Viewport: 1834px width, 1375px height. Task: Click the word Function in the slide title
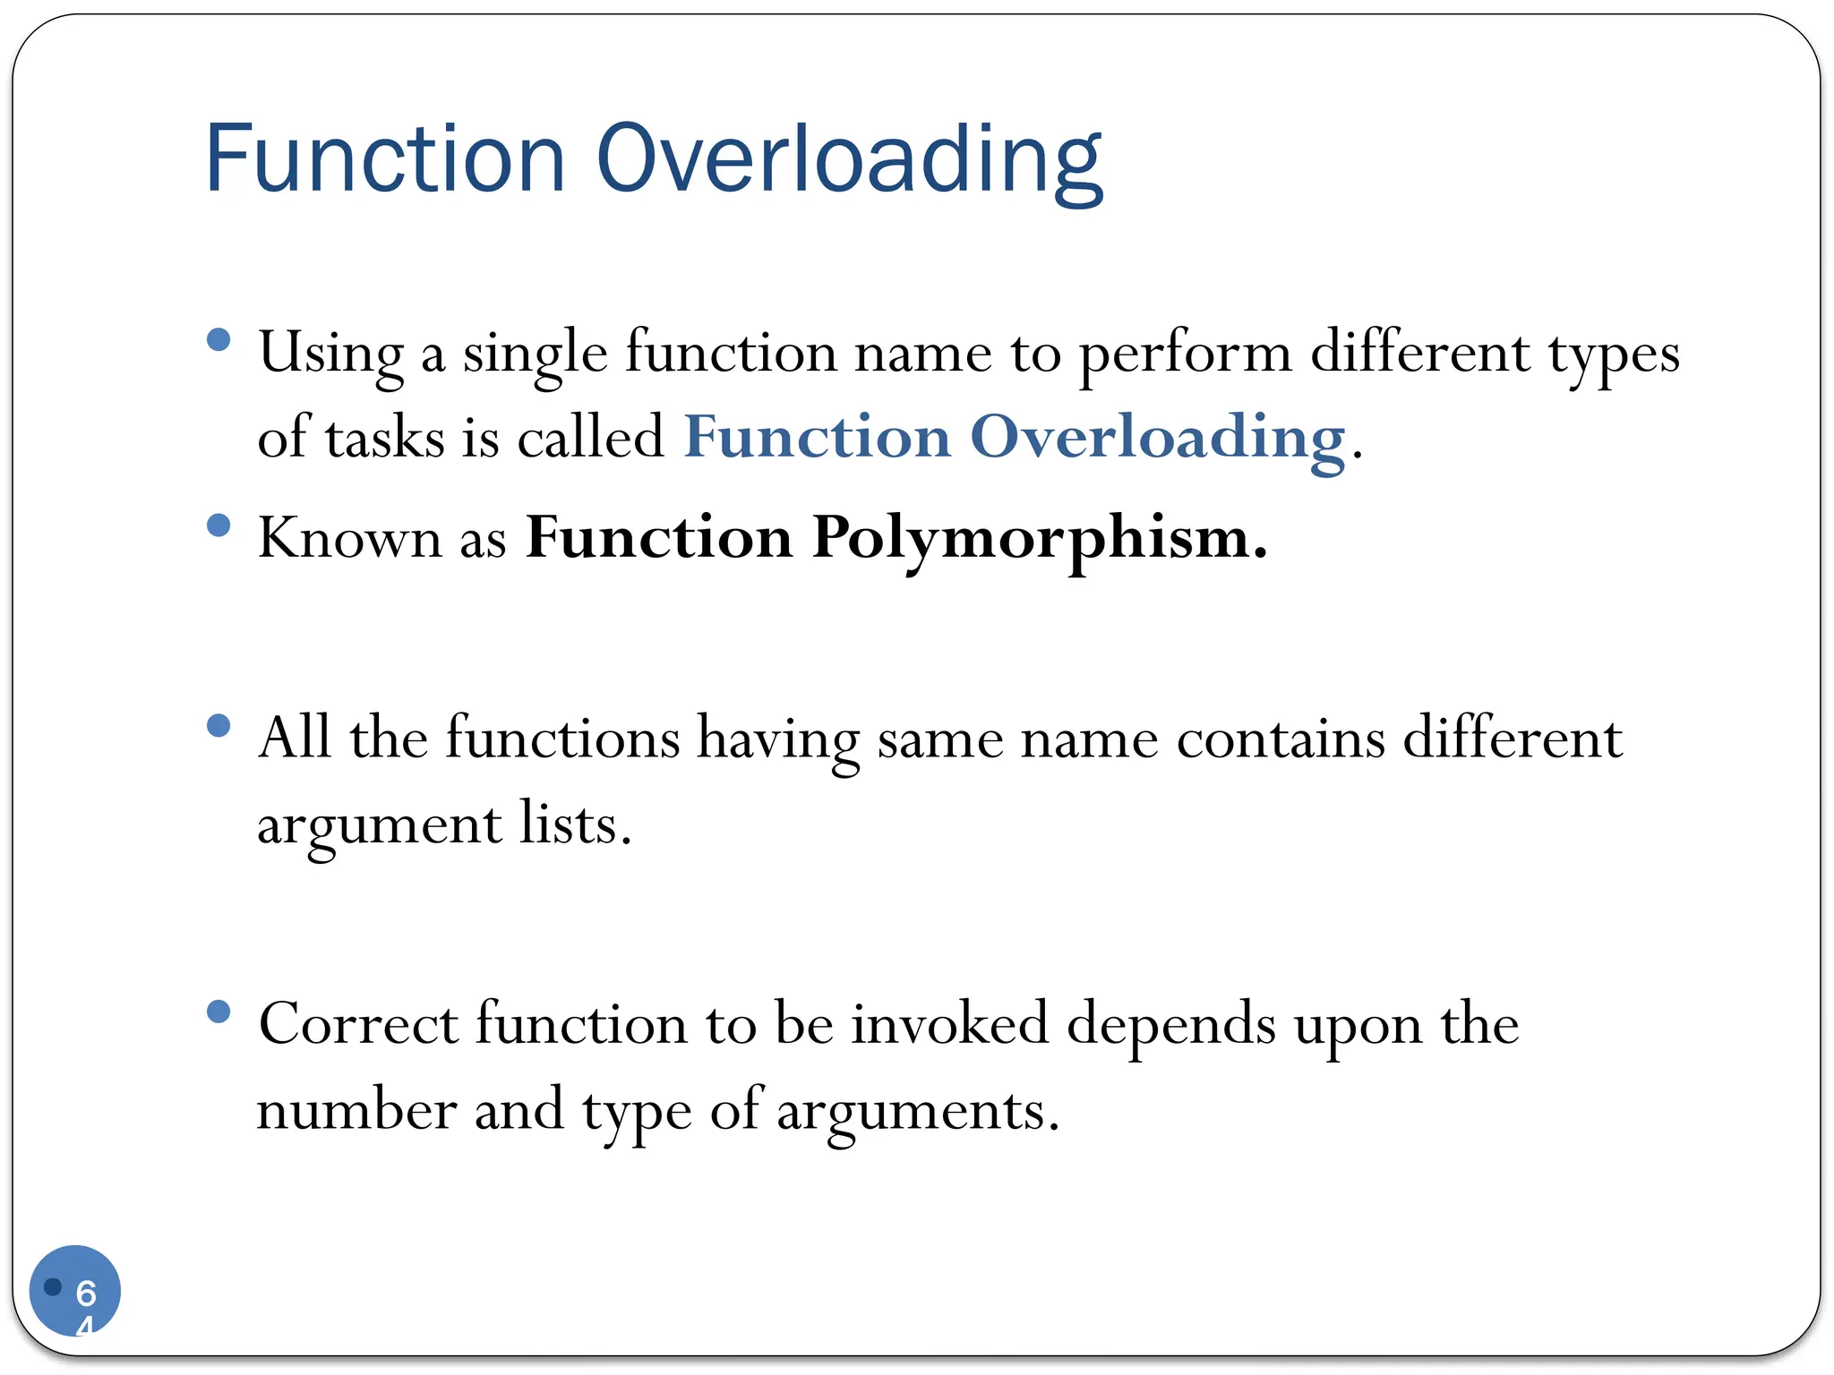[x=385, y=159]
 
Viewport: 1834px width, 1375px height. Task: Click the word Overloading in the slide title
[x=849, y=159]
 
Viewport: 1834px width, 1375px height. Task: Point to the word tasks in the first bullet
[x=385, y=439]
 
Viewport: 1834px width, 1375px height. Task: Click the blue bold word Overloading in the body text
[x=1158, y=439]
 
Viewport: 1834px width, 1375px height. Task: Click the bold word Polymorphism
[x=1039, y=539]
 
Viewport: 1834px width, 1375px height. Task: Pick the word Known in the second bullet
[x=350, y=539]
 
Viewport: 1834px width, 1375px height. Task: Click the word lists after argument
[x=575, y=824]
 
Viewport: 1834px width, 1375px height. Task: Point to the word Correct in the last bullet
[x=358, y=1024]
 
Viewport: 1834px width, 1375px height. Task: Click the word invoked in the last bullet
[x=949, y=1024]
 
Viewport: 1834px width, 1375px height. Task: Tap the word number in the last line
[x=356, y=1111]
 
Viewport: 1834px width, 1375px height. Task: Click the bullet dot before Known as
[x=219, y=525]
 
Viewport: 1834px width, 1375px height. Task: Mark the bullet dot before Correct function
[x=219, y=1012]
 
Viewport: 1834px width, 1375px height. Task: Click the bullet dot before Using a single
[x=219, y=339]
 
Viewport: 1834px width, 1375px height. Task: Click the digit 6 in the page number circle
[x=86, y=1293]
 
